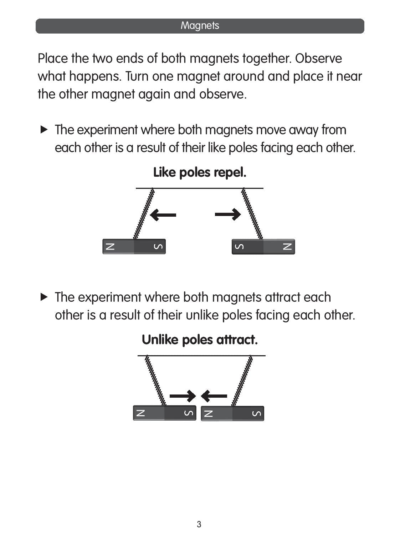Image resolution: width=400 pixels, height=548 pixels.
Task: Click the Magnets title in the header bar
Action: click(200, 26)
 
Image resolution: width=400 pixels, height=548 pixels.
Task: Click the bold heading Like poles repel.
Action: click(200, 172)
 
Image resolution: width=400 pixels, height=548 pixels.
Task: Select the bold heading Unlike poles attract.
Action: click(200, 340)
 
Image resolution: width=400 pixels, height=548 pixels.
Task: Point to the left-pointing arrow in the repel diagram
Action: click(163, 215)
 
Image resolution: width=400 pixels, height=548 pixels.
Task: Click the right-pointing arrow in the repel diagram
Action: click(228, 214)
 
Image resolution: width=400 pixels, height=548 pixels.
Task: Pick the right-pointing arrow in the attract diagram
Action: click(183, 396)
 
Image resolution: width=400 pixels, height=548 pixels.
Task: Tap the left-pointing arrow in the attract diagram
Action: click(214, 396)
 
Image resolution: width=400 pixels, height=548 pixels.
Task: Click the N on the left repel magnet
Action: click(110, 247)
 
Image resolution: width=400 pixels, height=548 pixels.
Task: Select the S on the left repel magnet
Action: click(158, 247)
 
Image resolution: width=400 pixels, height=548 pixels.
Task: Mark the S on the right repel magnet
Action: click(239, 247)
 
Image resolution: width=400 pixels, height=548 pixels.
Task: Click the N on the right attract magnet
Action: click(209, 413)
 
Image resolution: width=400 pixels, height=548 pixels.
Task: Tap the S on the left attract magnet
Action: click(189, 413)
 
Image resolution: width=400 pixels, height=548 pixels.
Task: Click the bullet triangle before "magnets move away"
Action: click(44, 130)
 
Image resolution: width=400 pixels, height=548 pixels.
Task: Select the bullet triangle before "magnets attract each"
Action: click(44, 297)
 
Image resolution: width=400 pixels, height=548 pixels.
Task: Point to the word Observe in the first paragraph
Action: click(318, 59)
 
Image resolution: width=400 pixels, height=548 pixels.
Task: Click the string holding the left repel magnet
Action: click(144, 213)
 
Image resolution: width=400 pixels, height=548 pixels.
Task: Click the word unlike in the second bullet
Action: click(202, 315)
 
